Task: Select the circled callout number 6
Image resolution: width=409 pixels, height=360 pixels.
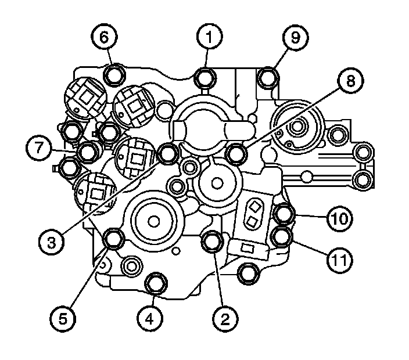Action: coord(104,38)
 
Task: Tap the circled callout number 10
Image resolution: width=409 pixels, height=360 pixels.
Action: coord(339,218)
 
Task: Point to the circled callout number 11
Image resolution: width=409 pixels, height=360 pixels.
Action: coord(339,260)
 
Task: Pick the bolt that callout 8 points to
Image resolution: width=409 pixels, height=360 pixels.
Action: coord(235,153)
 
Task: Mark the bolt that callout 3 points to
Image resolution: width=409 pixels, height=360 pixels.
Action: coord(168,153)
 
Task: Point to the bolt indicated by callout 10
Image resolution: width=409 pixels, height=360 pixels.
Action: coord(284,214)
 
